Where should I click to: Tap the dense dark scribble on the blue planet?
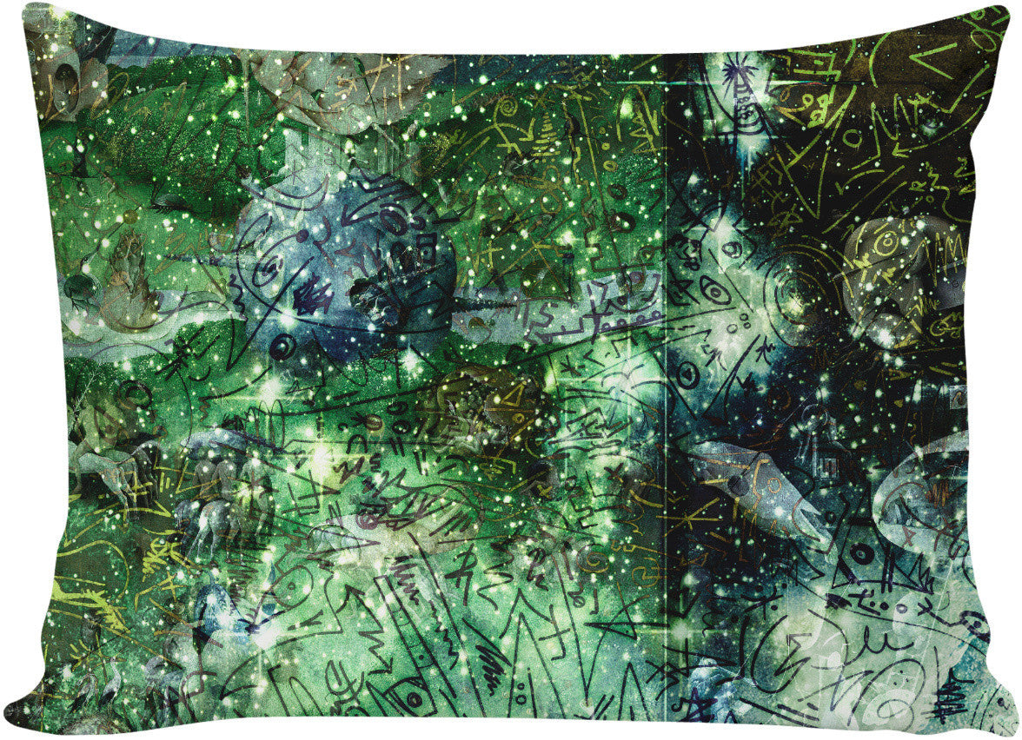pos(308,300)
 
